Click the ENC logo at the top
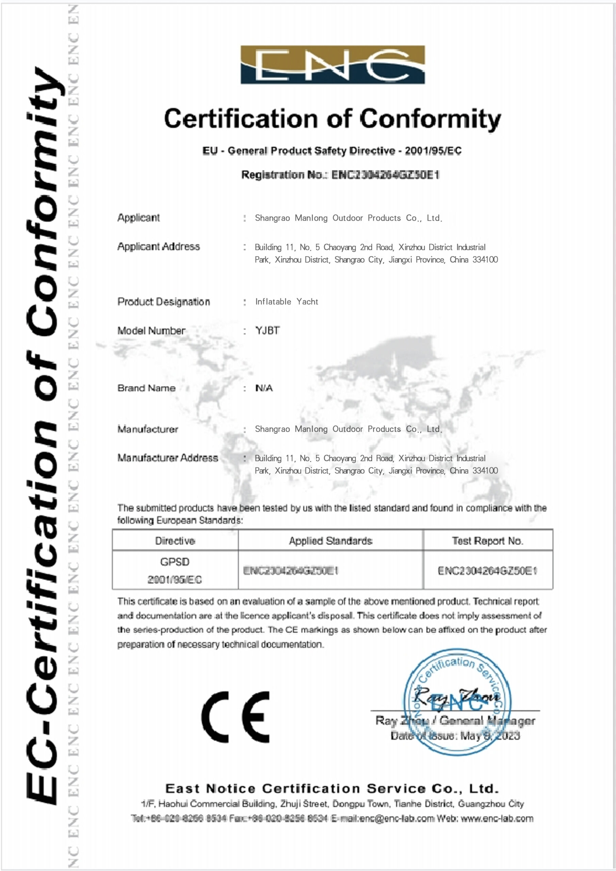pos(333,65)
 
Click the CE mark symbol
pos(235,717)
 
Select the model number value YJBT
pos(268,330)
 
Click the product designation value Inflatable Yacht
pos(287,301)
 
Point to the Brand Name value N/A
pos(264,388)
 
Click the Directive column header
pos(175,541)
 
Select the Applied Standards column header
pos(330,541)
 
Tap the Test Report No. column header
pos(487,541)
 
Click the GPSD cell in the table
pos(175,562)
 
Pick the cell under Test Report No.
pos(487,571)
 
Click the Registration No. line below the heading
pos(340,175)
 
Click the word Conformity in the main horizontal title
pos(430,119)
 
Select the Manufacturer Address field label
pos(167,458)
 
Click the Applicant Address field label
pos(158,247)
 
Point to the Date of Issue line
pos(455,736)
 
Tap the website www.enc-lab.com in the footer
pos(497,818)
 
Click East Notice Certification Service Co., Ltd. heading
pos(332,788)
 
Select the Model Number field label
pos(151,330)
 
